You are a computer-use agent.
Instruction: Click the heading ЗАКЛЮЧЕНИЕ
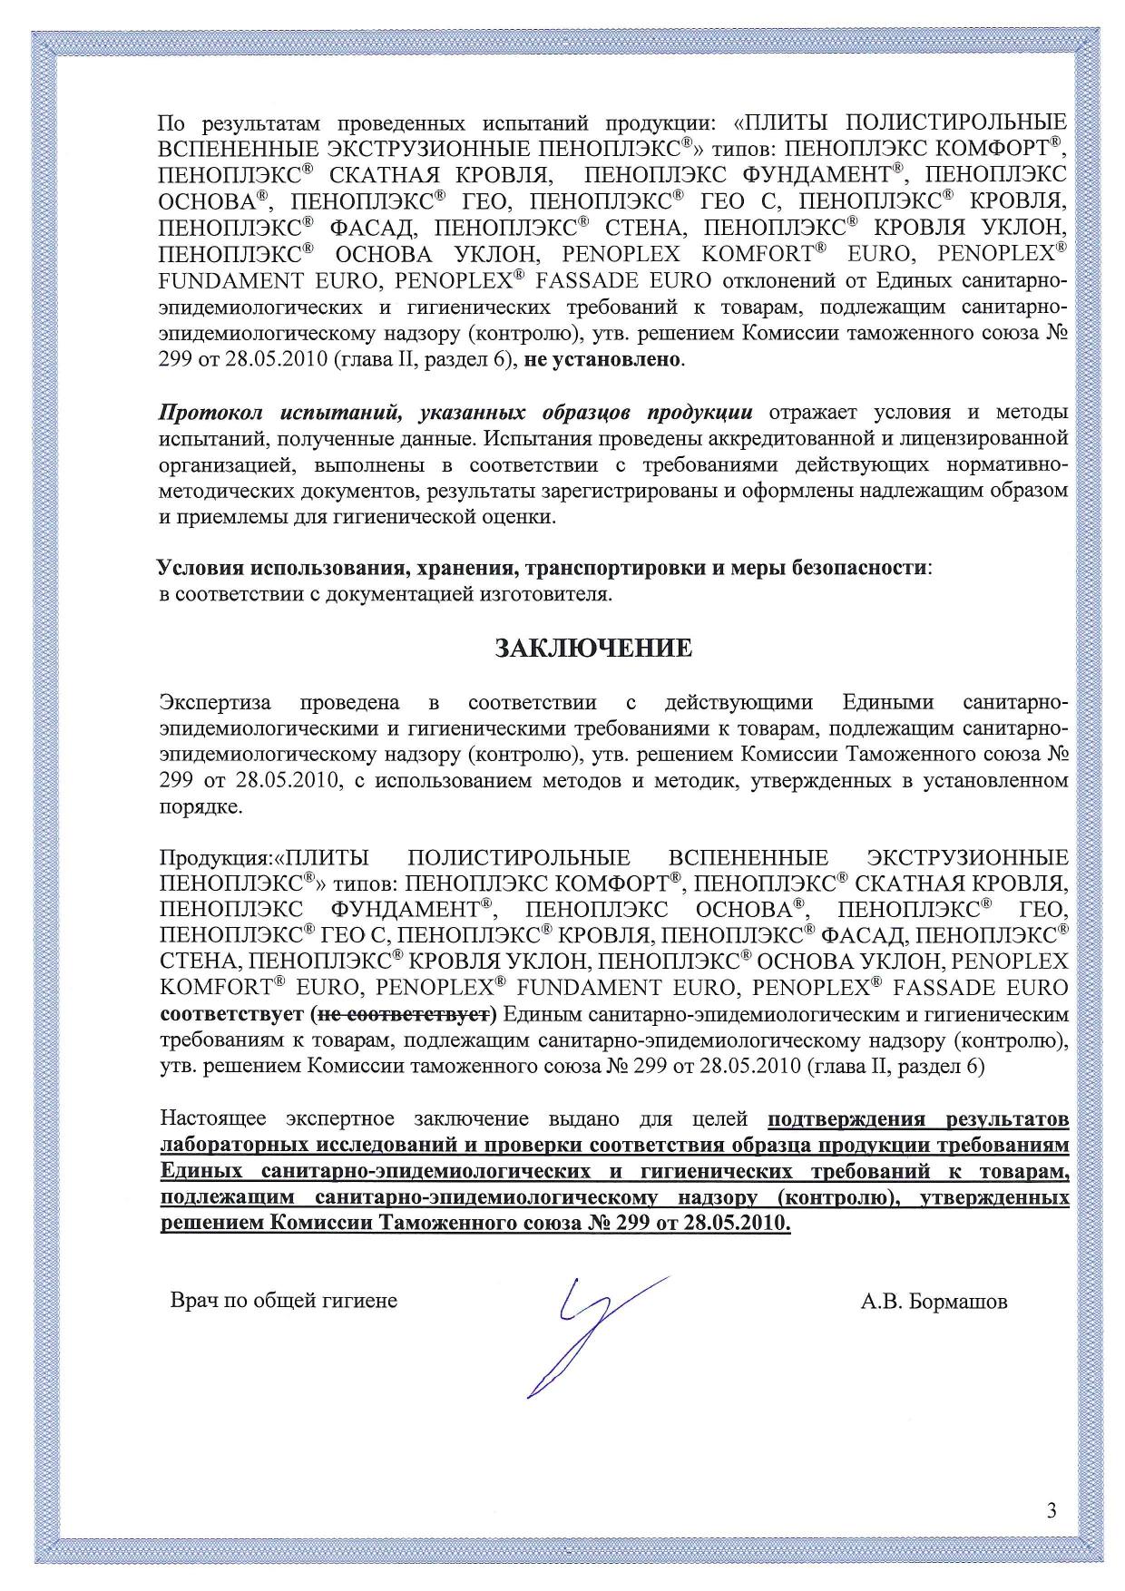tap(592, 649)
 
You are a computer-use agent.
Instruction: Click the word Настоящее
tap(215, 1118)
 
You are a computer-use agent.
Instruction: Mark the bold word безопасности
tap(860, 569)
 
